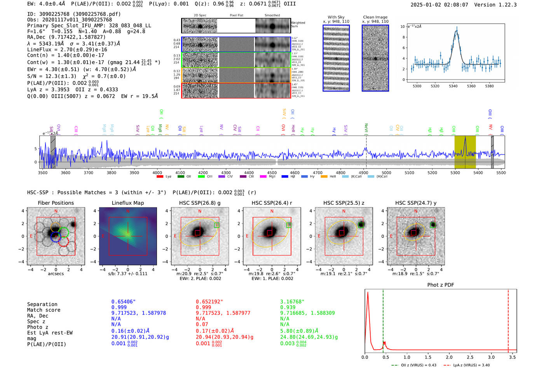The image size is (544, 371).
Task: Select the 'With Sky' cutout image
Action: (336, 58)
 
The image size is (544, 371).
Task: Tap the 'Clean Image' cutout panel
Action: (375, 58)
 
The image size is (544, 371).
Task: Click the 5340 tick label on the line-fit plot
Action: (453, 86)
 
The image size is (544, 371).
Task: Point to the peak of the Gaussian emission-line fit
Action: (457, 31)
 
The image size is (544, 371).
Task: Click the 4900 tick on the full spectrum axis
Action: (363, 172)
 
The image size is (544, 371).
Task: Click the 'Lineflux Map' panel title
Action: (128, 203)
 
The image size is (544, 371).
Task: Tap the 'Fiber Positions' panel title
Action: (56, 203)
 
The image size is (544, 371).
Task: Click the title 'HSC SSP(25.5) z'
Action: (344, 203)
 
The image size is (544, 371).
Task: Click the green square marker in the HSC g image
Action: (217, 225)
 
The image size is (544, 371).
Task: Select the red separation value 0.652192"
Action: (209, 302)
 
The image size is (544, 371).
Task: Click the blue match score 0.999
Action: (119, 307)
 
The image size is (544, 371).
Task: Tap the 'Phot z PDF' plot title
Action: (441, 285)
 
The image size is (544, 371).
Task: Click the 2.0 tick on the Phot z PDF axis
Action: (449, 357)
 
